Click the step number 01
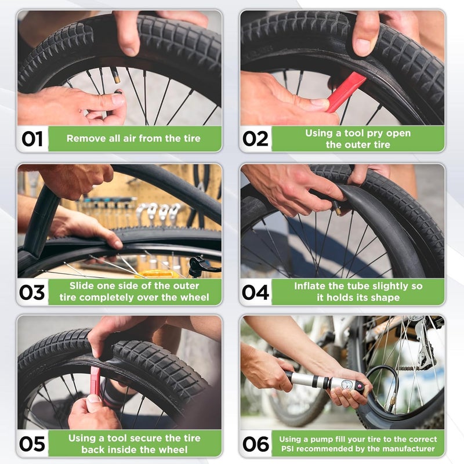click(32, 139)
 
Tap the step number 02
click(256, 139)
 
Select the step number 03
click(32, 292)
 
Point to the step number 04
click(256, 292)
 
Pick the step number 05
click(32, 444)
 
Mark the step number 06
click(256, 444)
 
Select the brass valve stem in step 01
click(115, 75)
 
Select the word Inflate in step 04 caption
click(312, 287)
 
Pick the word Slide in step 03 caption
click(82, 286)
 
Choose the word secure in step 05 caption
click(140, 438)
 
